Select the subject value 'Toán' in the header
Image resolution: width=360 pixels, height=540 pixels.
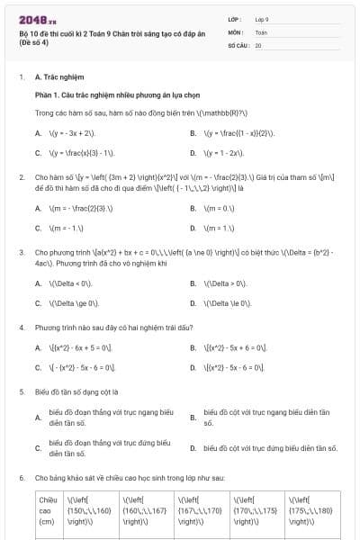(261, 31)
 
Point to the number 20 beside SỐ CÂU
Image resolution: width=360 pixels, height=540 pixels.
(258, 44)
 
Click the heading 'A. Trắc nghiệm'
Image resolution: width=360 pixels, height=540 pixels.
(58, 77)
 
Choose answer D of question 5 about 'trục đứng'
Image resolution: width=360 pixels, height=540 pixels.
(270, 447)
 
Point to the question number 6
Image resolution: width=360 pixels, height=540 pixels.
(21, 477)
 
